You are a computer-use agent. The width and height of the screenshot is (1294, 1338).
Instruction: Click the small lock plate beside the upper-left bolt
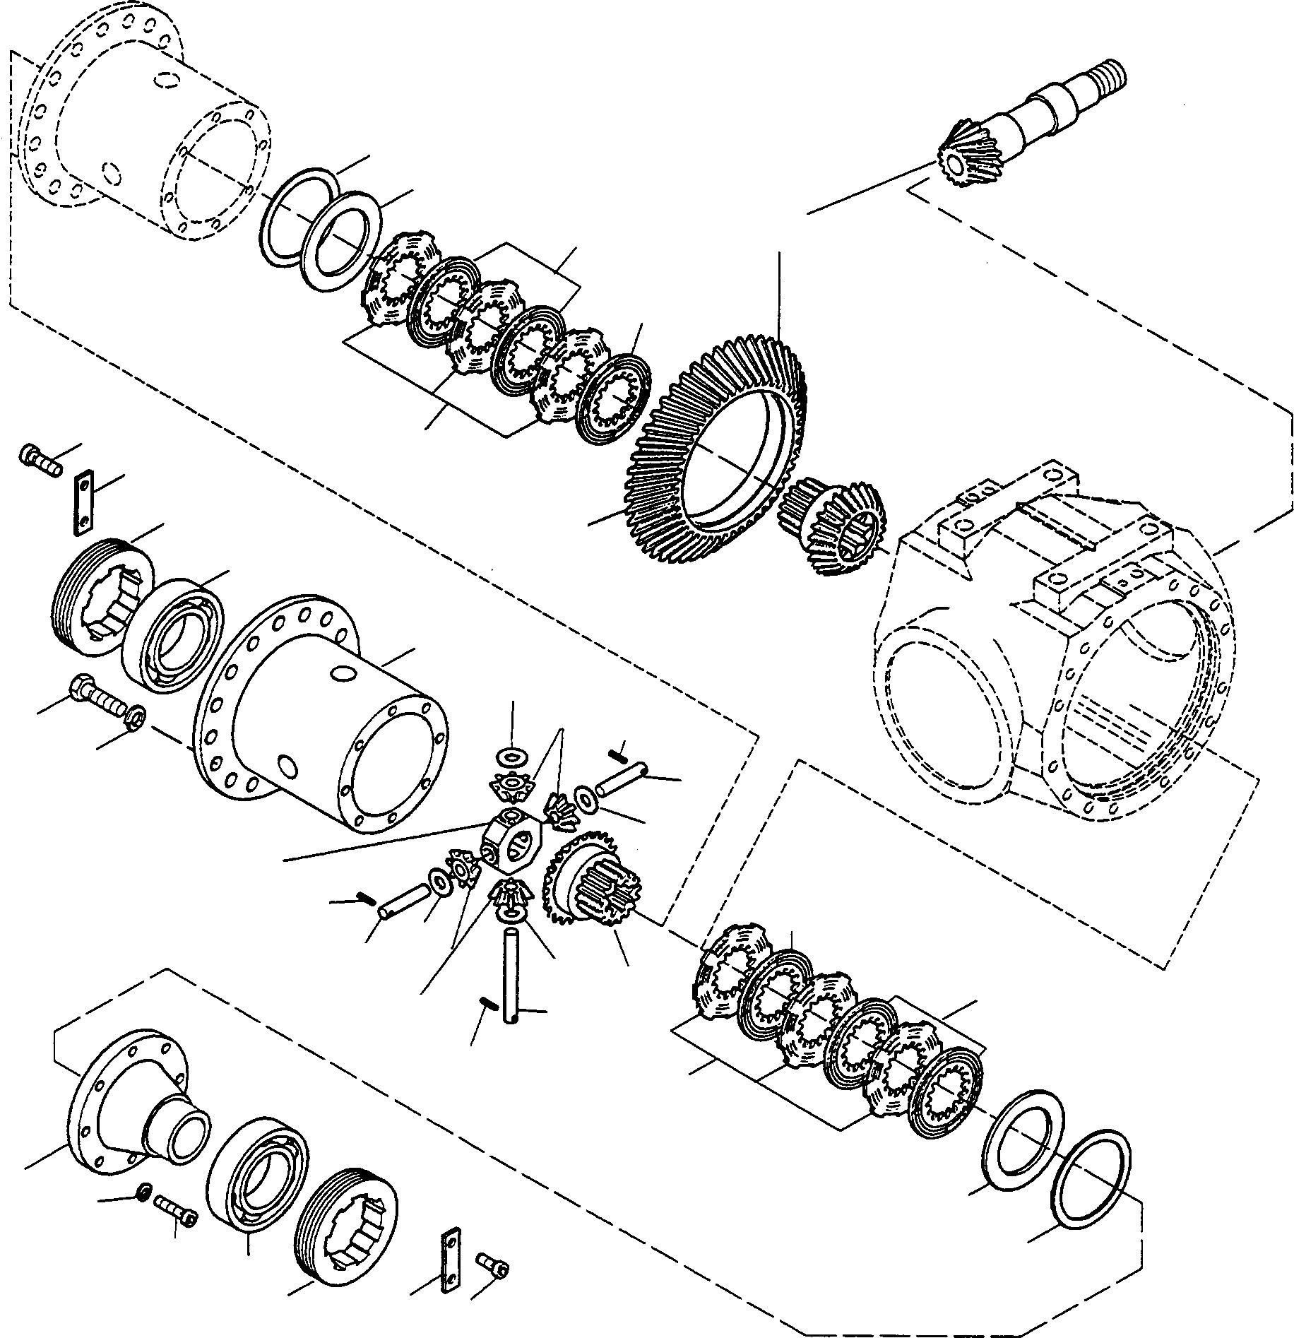coord(83,500)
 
